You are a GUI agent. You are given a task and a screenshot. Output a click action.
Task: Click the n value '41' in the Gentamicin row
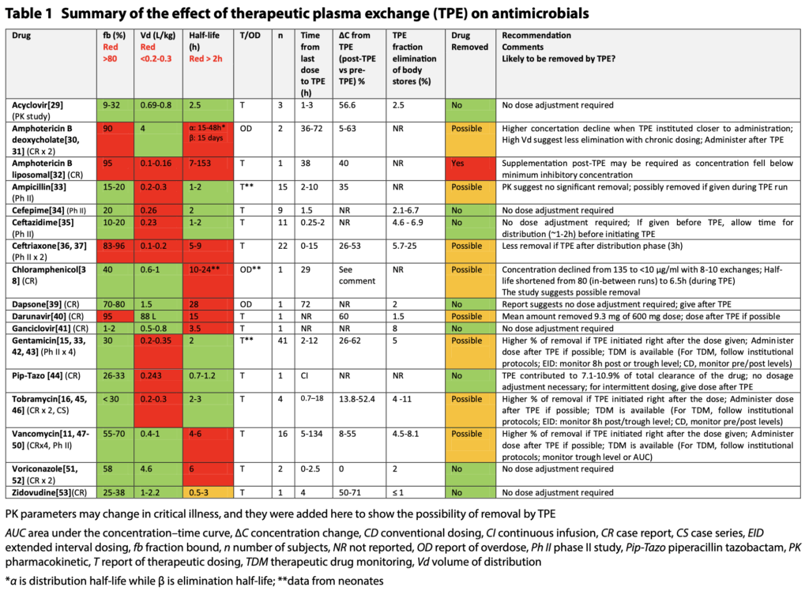tap(280, 341)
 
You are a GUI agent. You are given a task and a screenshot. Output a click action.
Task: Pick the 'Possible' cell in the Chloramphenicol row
tap(467, 270)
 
